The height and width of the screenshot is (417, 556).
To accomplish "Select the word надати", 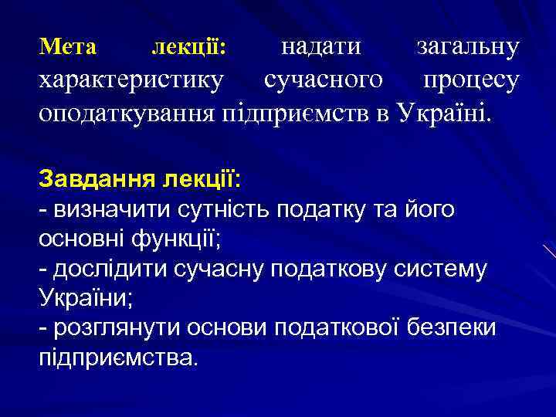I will click(320, 47).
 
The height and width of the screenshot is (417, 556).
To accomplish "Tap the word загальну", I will click(468, 47).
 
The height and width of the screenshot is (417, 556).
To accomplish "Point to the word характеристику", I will click(132, 80).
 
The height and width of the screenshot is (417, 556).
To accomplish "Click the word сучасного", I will click(323, 80).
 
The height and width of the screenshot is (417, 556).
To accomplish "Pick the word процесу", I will click(471, 81).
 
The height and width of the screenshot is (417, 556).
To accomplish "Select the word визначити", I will click(104, 209).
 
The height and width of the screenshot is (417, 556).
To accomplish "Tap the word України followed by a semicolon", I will click(82, 299).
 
